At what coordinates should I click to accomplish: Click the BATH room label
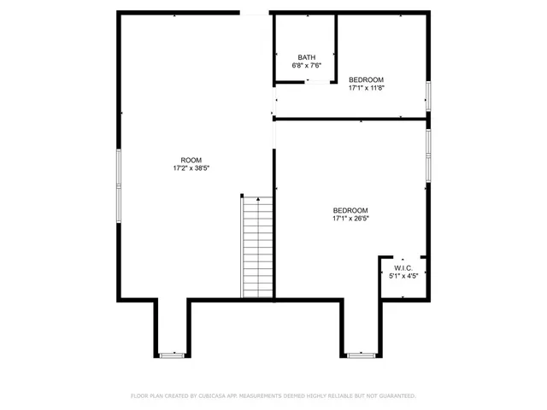click(306, 57)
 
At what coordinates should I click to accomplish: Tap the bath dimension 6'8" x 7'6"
click(306, 65)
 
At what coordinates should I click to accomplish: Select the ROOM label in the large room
click(191, 161)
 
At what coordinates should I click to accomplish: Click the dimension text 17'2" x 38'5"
click(191, 168)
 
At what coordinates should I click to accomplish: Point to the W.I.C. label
click(403, 268)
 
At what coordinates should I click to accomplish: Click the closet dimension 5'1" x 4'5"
click(403, 276)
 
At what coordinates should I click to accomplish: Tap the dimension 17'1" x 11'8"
click(366, 87)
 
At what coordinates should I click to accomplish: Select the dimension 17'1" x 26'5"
click(350, 219)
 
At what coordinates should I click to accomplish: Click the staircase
click(257, 248)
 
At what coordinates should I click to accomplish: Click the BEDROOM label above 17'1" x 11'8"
click(366, 79)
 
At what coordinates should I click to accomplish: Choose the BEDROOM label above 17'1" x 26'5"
click(350, 211)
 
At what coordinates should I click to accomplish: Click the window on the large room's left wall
click(119, 179)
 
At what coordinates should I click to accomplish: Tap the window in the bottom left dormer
click(172, 354)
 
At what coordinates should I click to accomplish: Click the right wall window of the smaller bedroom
click(428, 95)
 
